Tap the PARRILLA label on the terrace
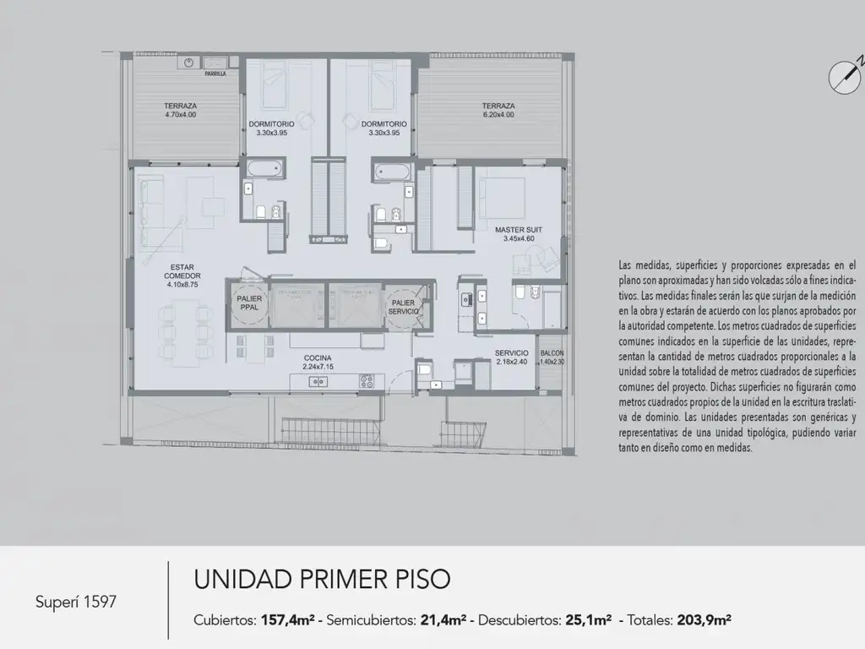click(x=204, y=74)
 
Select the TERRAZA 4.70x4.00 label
click(x=180, y=110)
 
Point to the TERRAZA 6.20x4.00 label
click(x=498, y=110)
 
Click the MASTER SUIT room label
click(x=519, y=233)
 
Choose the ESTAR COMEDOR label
click(x=182, y=276)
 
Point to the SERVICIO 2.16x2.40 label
click(x=512, y=357)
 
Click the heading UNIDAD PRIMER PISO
click(x=322, y=580)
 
